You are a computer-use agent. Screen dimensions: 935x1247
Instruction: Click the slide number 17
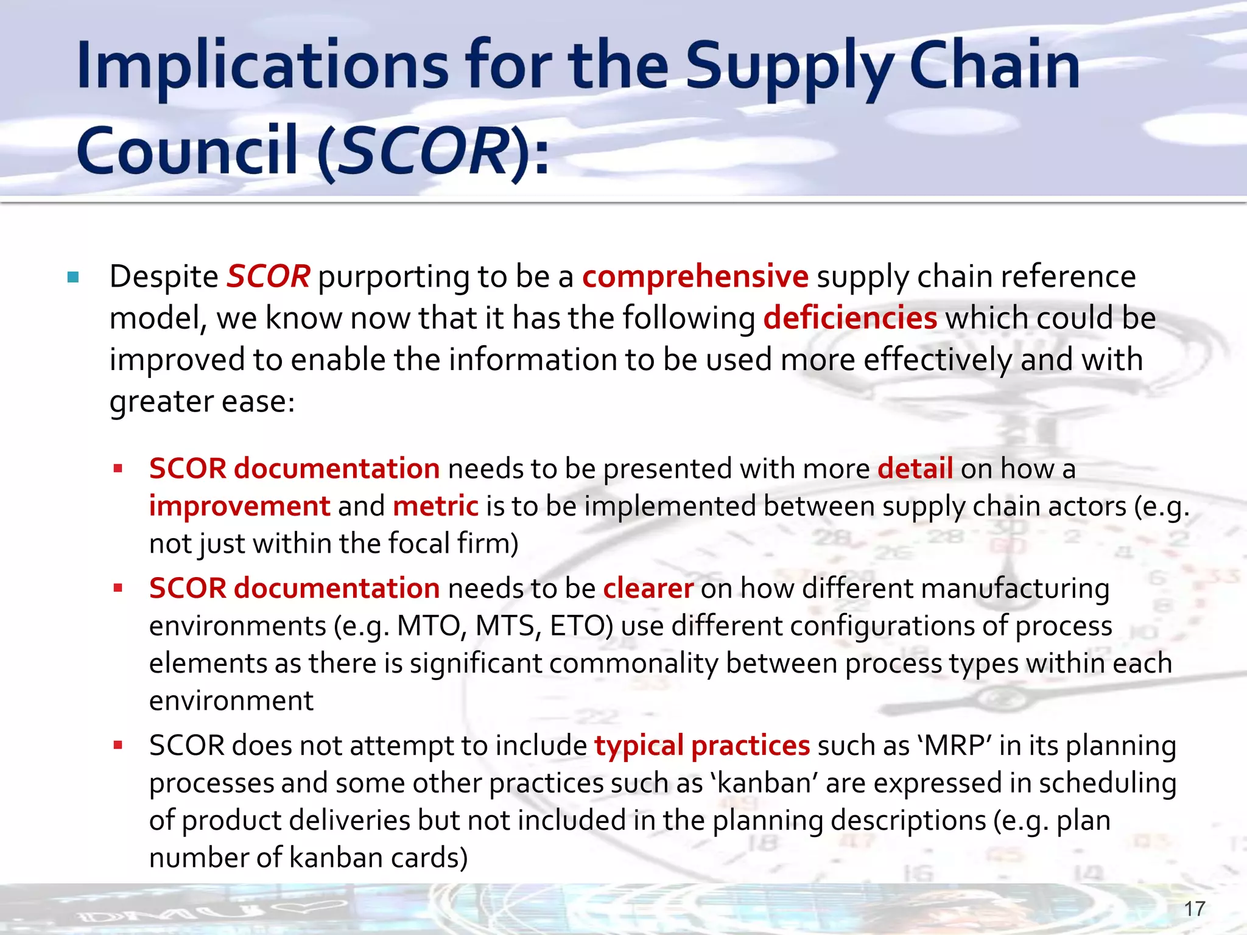[1195, 909]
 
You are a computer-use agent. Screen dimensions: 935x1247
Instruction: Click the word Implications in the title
[262, 66]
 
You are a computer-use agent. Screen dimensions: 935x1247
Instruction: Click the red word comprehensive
[695, 276]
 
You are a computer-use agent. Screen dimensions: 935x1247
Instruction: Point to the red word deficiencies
[850, 318]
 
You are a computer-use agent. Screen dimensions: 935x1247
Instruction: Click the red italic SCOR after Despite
[268, 276]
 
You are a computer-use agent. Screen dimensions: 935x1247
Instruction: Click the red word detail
[915, 469]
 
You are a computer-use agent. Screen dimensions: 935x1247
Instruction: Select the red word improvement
[239, 506]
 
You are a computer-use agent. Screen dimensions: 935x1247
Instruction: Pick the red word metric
[435, 506]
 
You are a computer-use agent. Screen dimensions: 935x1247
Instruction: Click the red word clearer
[648, 589]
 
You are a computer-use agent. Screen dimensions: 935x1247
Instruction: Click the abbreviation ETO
[581, 626]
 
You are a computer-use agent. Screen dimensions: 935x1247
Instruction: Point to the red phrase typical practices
[701, 746]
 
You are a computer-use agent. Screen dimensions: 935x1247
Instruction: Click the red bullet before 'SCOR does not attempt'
[118, 745]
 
